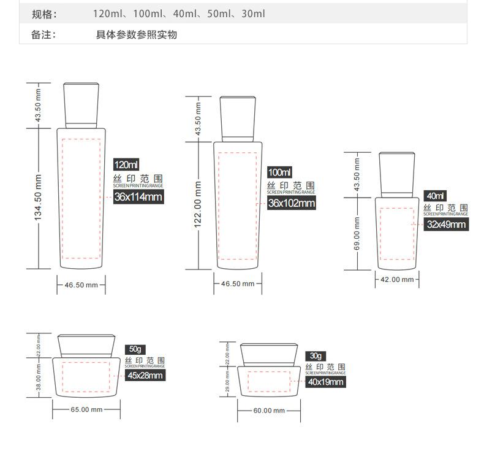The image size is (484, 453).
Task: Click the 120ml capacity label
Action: coord(127,165)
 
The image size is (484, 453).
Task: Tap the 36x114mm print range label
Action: coord(138,196)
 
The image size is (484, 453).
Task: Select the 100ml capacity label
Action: coord(280,172)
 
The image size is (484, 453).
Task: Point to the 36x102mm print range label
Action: coord(292,203)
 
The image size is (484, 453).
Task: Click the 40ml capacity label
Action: coord(436,196)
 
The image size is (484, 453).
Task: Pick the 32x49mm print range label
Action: coord(447,225)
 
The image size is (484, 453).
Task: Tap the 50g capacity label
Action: coord(134,349)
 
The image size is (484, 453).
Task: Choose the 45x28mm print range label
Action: coord(145,376)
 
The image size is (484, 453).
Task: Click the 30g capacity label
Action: coord(316,356)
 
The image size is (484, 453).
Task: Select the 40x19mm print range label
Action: coord(326,382)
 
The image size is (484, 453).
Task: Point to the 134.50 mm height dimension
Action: coord(38,198)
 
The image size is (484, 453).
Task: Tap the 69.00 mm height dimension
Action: coord(358,233)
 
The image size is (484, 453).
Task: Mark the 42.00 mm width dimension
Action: coord(398,279)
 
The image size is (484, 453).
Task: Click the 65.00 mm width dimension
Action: coord(86,409)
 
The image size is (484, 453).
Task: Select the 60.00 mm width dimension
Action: coord(269,410)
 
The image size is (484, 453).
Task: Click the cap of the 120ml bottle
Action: coord(82,104)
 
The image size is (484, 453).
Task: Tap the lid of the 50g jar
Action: coord(86,345)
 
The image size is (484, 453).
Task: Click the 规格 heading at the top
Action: coord(43,14)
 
